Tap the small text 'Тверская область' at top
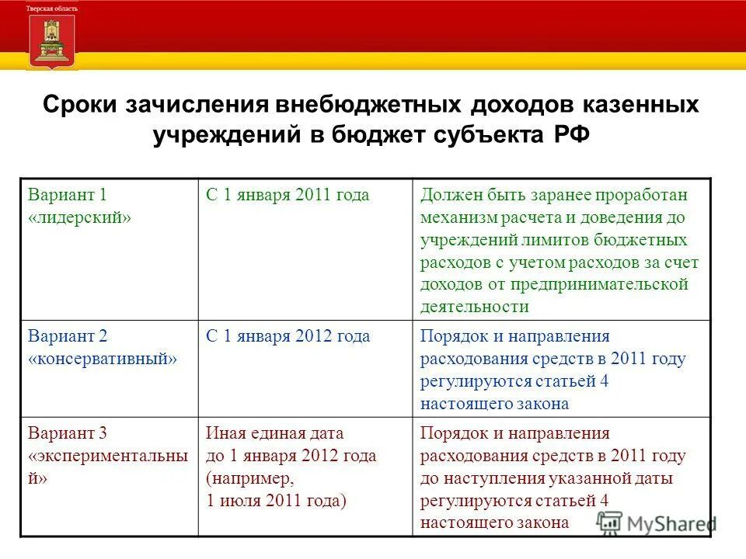point(52,7)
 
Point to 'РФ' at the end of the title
point(573,135)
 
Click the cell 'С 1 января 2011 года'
point(288,196)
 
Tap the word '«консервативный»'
point(103,359)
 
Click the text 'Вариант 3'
point(68,433)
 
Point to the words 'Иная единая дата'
point(274,433)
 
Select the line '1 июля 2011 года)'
point(276,501)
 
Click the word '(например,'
point(250,478)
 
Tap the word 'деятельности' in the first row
point(475,307)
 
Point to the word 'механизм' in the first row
point(458,217)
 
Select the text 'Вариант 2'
point(68,336)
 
